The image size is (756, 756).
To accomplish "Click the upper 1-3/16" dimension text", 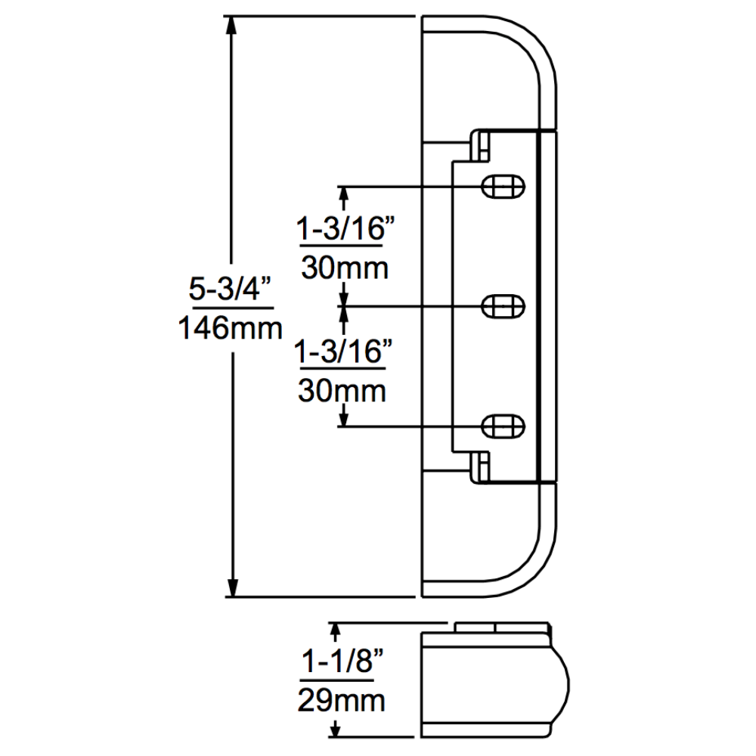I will point(345,228).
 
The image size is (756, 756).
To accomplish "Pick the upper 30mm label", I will point(345,267).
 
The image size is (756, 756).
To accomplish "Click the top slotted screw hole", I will point(503,185).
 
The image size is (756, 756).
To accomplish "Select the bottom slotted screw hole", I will point(503,425).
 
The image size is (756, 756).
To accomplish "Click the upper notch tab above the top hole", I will point(481,144).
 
